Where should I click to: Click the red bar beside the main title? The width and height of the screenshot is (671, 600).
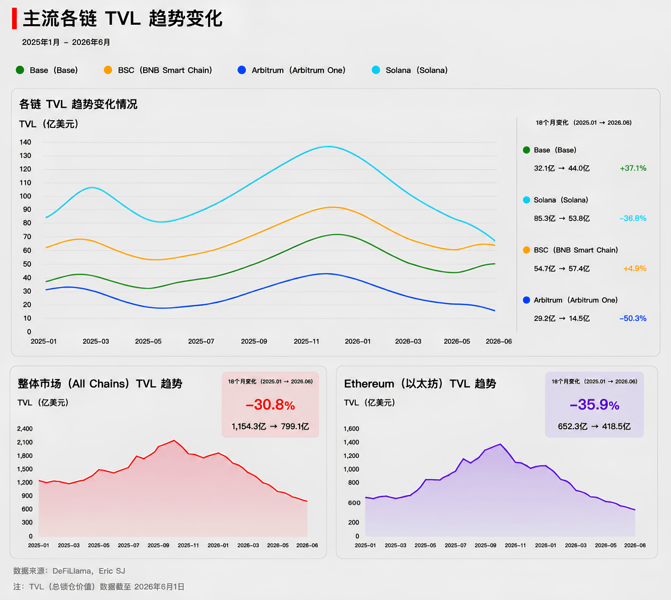click(14, 19)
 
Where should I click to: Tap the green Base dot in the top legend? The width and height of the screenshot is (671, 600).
click(20, 70)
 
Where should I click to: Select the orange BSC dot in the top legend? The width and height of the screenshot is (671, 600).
click(108, 70)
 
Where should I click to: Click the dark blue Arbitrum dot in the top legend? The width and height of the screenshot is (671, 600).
click(242, 70)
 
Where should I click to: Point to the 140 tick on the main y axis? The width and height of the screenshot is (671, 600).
click(25, 143)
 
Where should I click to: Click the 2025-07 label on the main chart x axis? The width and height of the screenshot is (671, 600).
click(201, 341)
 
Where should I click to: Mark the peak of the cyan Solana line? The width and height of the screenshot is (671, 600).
click(328, 147)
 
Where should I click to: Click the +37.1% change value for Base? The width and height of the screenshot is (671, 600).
click(633, 168)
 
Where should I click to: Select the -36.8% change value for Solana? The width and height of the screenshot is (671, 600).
click(633, 218)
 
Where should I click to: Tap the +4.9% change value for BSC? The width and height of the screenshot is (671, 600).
click(635, 268)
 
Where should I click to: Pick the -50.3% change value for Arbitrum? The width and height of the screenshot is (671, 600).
click(633, 318)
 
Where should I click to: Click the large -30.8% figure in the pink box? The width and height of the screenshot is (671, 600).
click(270, 405)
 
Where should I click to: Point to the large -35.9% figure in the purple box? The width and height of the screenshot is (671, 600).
click(595, 405)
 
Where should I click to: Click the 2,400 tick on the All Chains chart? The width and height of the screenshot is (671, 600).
click(25, 429)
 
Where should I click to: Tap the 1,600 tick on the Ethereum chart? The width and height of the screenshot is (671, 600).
click(351, 429)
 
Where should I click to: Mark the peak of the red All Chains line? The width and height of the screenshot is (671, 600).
click(174, 440)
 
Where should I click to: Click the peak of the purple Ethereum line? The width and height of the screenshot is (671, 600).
click(500, 444)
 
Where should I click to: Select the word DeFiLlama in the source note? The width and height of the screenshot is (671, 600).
click(71, 571)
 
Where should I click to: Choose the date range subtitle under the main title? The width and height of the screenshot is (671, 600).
click(66, 42)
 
